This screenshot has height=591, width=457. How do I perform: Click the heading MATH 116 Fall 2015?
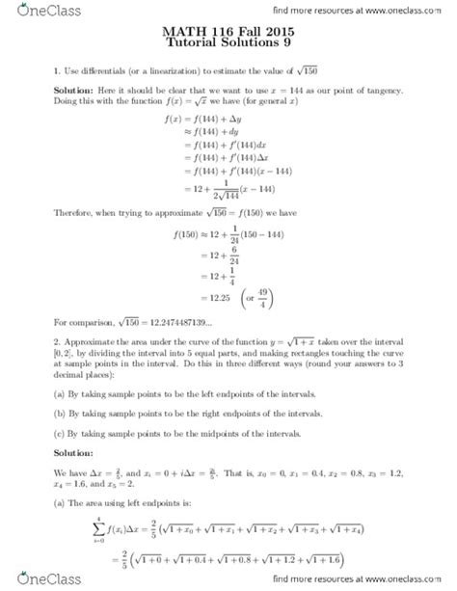click(228, 33)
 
